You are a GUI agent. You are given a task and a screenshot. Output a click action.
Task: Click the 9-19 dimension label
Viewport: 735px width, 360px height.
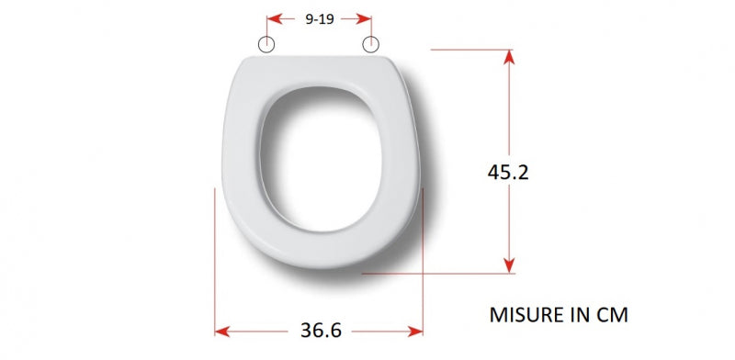click(x=319, y=19)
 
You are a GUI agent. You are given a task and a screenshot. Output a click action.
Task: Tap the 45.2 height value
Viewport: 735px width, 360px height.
click(x=508, y=172)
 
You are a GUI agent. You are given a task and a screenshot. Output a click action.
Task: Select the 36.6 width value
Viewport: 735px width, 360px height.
click(x=321, y=331)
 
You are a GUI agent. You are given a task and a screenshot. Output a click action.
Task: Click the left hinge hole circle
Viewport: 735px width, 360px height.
click(x=266, y=44)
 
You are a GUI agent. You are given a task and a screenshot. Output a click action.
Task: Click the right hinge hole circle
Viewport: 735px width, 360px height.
click(x=371, y=44)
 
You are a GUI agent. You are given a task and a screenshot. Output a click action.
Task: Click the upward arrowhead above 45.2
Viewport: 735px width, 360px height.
click(x=509, y=57)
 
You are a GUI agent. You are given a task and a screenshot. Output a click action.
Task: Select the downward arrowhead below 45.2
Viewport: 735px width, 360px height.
click(x=509, y=265)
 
